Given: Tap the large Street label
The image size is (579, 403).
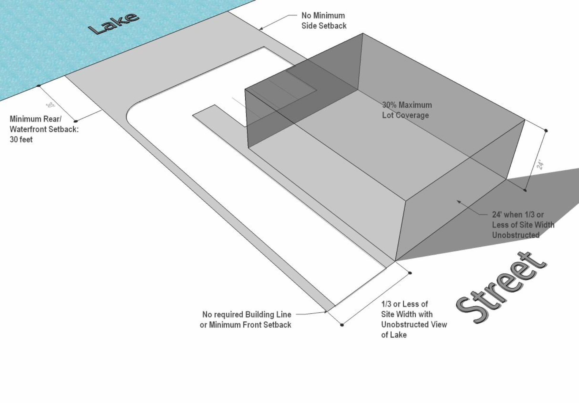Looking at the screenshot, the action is (x=501, y=287).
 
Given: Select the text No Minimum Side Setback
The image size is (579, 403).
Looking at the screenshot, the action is (x=324, y=20).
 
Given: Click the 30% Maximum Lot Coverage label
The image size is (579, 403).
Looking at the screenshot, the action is (x=407, y=110).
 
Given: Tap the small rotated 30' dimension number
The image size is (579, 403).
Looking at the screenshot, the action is (x=50, y=105).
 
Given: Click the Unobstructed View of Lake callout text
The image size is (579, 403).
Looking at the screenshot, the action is (x=414, y=319).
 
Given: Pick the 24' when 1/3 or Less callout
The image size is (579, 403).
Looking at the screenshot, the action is (x=523, y=225).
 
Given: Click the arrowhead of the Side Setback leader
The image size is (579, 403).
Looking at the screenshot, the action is (x=261, y=28).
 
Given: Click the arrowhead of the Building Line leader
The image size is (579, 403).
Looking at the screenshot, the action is (x=326, y=312).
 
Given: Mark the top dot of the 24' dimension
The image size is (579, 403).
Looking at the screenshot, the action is (x=546, y=131).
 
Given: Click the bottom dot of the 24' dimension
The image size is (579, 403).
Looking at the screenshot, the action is (x=525, y=190).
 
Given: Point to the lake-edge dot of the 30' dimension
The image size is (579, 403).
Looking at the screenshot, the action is (x=39, y=86).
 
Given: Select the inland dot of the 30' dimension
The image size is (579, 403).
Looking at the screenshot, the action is (x=76, y=121).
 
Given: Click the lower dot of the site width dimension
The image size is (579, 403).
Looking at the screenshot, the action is (x=342, y=325).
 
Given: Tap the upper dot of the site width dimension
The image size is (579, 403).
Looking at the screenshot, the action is (x=410, y=273).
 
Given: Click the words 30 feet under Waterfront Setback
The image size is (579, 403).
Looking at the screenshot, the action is (x=21, y=139).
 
